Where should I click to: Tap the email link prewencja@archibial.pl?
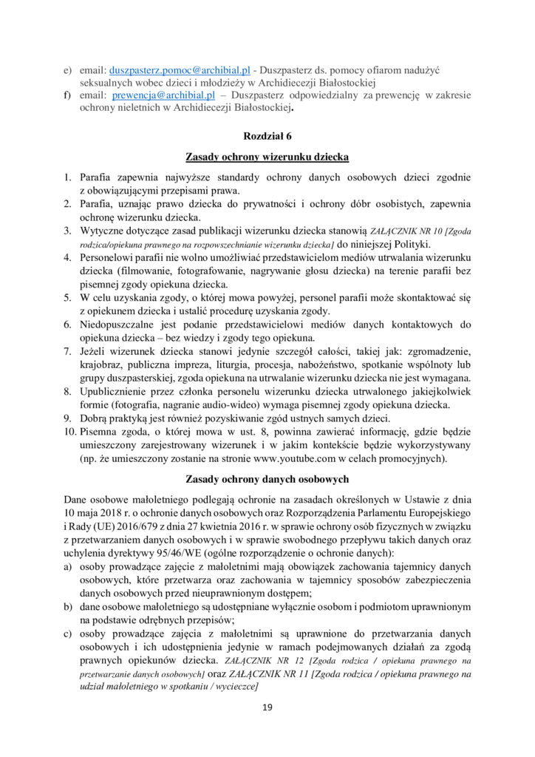[158, 95]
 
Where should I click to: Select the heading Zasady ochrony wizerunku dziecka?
[267, 157]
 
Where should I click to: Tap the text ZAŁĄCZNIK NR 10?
[406, 231]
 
